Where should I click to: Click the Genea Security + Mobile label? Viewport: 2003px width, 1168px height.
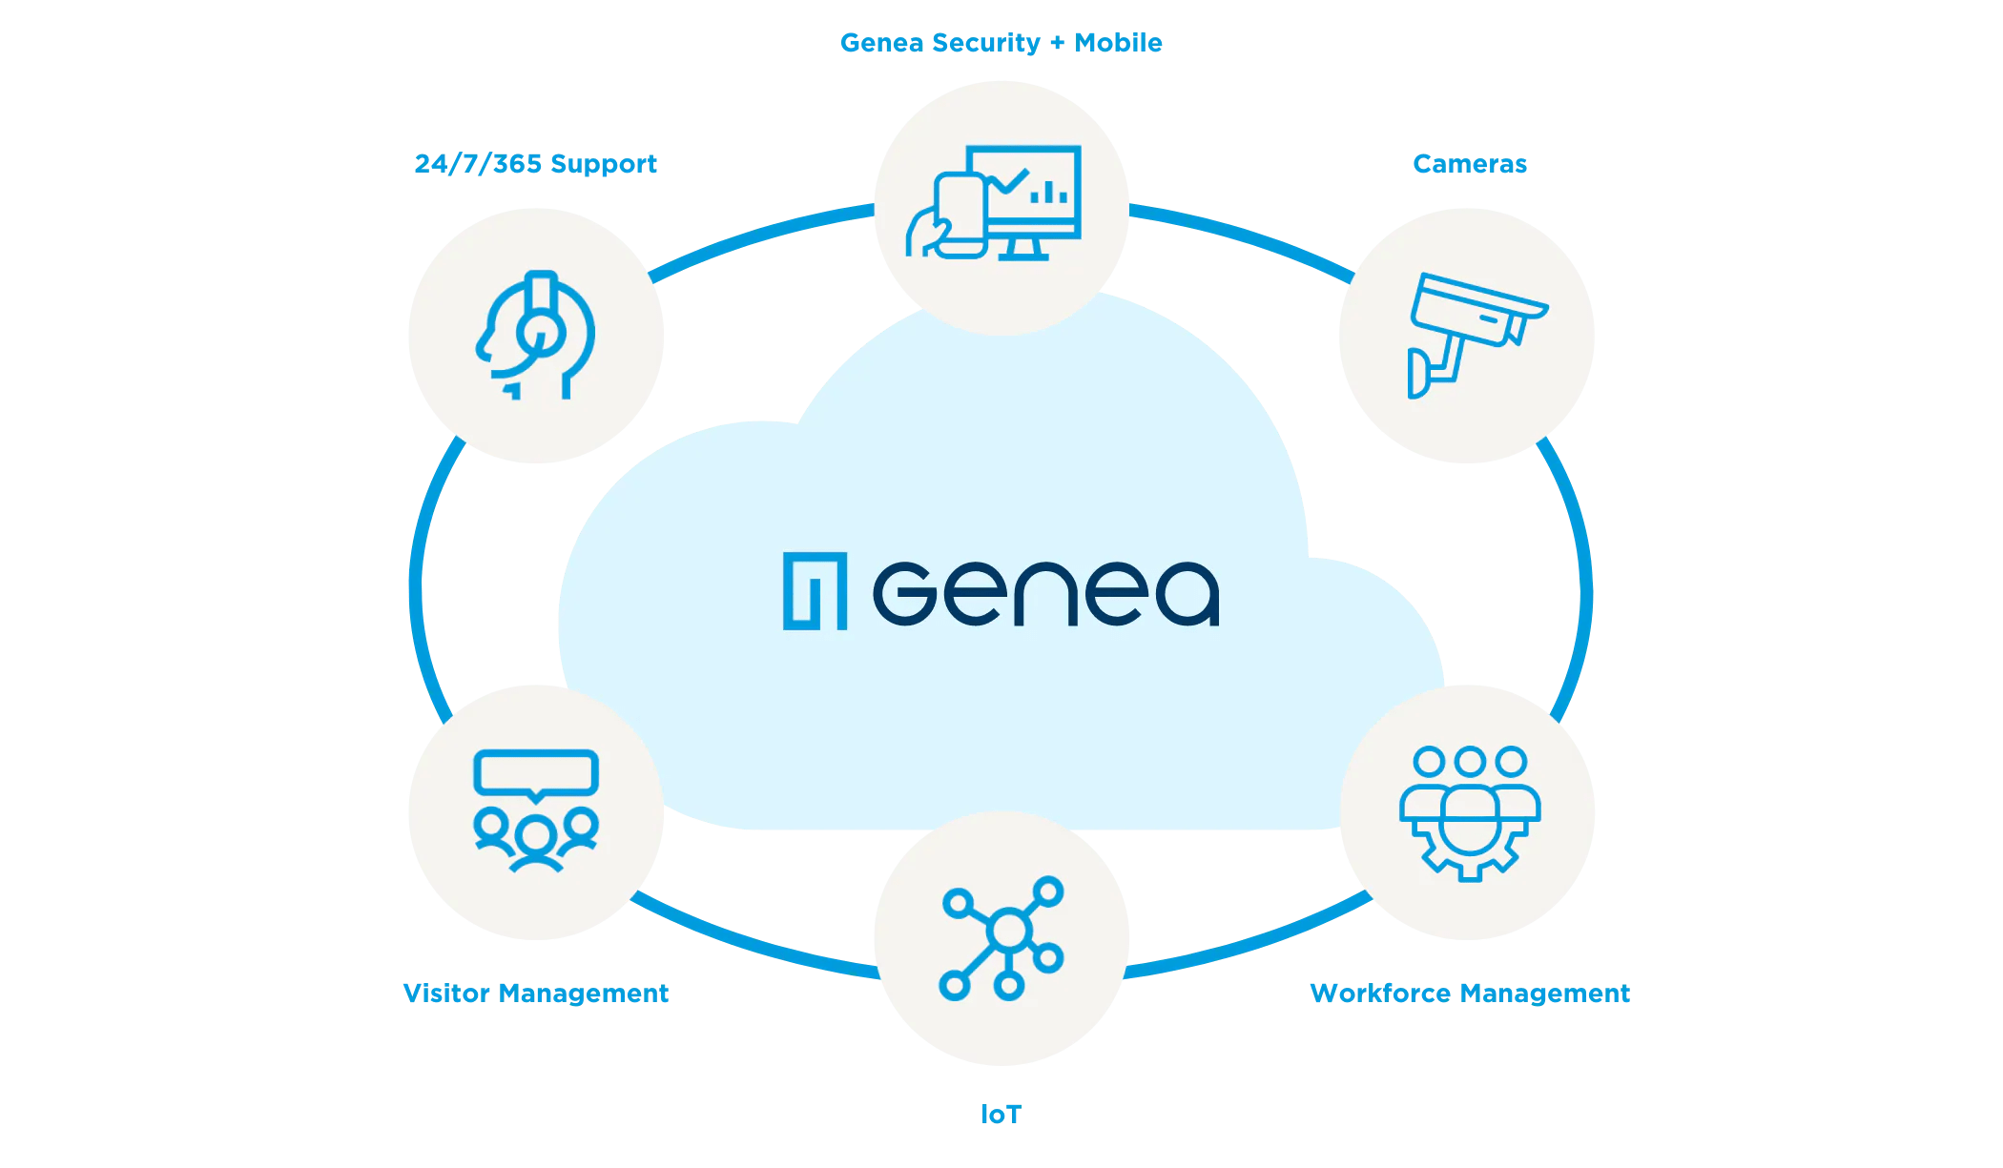pyautogui.click(x=1001, y=43)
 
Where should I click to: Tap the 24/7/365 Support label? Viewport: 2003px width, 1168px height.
pyautogui.click(x=535, y=164)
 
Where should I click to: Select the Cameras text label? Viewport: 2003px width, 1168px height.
pyautogui.click(x=1469, y=164)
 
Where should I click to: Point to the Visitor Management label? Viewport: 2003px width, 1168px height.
pyautogui.click(x=535, y=994)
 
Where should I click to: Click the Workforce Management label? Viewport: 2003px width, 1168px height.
pyautogui.click(x=1469, y=994)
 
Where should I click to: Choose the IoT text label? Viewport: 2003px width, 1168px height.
pyautogui.click(x=1001, y=1114)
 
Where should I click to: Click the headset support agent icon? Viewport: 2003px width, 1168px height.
pyautogui.click(x=535, y=336)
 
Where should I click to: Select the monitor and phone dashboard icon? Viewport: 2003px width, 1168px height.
pyautogui.click(x=997, y=204)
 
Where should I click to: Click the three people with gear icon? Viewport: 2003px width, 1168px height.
pyautogui.click(x=1469, y=812)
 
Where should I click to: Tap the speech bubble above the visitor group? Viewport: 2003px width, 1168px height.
pyautogui.click(x=535, y=772)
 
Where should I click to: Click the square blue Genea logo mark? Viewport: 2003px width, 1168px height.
pyautogui.click(x=815, y=591)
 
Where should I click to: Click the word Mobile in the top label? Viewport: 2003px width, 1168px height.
pyautogui.click(x=1118, y=43)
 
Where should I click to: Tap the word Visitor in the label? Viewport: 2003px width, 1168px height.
pyautogui.click(x=445, y=994)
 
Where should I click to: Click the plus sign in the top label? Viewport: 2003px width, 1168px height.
pyautogui.click(x=1057, y=43)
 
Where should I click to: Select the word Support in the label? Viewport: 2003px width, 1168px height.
pyautogui.click(x=603, y=164)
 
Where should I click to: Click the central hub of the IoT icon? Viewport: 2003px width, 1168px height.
pyautogui.click(x=1009, y=931)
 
